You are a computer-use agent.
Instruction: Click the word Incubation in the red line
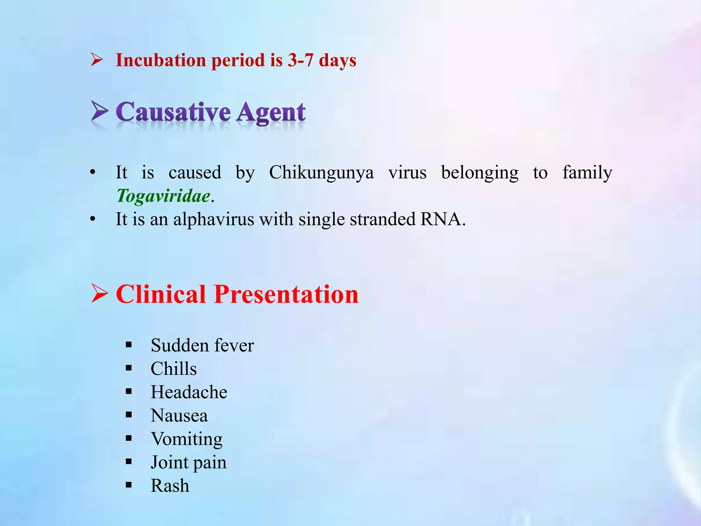click(161, 60)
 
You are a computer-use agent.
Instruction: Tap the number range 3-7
click(300, 60)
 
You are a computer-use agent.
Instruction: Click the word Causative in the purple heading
click(173, 112)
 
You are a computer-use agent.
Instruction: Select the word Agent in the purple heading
click(271, 113)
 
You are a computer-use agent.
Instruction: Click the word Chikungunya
click(321, 172)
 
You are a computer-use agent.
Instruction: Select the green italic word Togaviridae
click(163, 196)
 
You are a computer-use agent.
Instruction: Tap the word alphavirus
click(214, 219)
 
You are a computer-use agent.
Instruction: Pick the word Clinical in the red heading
click(161, 294)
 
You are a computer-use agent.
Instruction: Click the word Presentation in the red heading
click(286, 294)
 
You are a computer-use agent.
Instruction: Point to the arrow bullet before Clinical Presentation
click(100, 293)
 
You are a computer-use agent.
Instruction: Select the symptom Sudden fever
click(202, 345)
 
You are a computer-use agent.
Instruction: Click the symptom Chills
click(174, 369)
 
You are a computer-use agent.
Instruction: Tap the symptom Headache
click(189, 392)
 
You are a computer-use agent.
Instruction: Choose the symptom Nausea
click(179, 415)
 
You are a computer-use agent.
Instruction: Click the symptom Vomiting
click(187, 439)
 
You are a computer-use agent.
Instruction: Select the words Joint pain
click(189, 462)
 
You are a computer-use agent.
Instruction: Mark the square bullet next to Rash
click(129, 485)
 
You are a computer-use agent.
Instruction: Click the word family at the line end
click(587, 172)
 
